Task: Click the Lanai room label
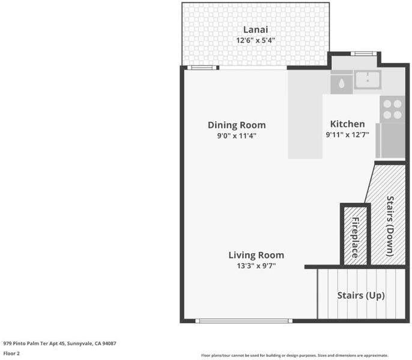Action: [x=255, y=29]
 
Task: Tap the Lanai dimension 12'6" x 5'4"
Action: [x=255, y=40]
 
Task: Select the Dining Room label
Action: [x=237, y=125]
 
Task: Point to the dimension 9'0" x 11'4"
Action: [x=237, y=136]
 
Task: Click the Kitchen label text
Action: [x=347, y=124]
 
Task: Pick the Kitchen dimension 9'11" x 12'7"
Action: [x=347, y=135]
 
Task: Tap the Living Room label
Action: [x=256, y=255]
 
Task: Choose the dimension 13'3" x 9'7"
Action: [x=256, y=266]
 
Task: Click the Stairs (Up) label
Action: [x=361, y=295]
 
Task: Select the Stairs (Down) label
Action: [x=390, y=226]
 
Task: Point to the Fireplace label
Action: [x=356, y=238]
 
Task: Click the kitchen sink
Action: [x=368, y=80]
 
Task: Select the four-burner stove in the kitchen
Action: [x=392, y=109]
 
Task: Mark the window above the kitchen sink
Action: [x=364, y=53]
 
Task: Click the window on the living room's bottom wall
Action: [x=244, y=321]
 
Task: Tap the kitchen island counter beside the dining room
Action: [x=305, y=114]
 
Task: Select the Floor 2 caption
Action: [x=11, y=353]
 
